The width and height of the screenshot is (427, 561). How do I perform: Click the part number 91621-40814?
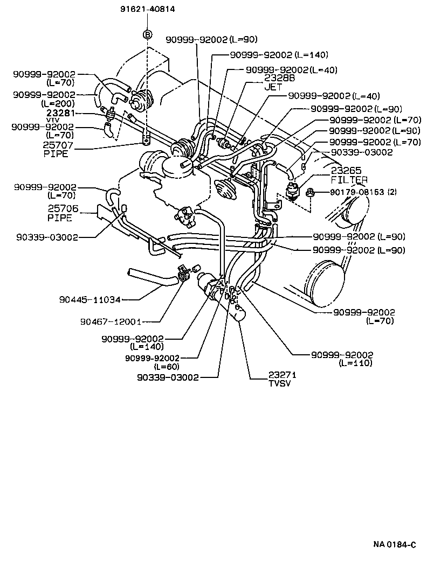tap(147, 9)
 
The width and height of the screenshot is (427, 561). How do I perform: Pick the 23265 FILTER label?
tap(349, 174)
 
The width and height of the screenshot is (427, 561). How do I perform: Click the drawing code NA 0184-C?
tap(395, 544)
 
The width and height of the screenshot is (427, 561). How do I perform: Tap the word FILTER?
tap(349, 179)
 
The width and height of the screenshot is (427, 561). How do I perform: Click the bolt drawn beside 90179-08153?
tap(312, 192)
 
